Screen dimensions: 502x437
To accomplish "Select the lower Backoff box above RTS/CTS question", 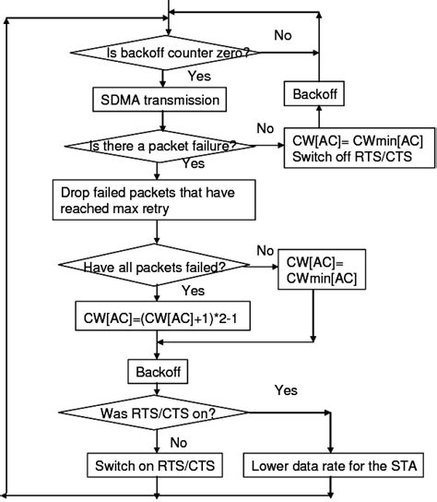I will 158,370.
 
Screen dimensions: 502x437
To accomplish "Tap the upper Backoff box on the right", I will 317,94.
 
